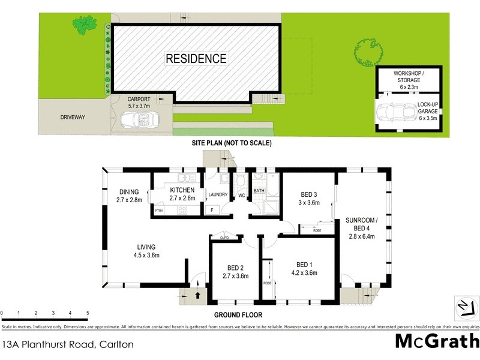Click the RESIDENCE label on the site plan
[196, 59]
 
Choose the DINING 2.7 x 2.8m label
[130, 196]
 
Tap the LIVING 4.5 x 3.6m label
[146, 251]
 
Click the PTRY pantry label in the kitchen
[159, 211]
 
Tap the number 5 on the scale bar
[88, 313]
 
